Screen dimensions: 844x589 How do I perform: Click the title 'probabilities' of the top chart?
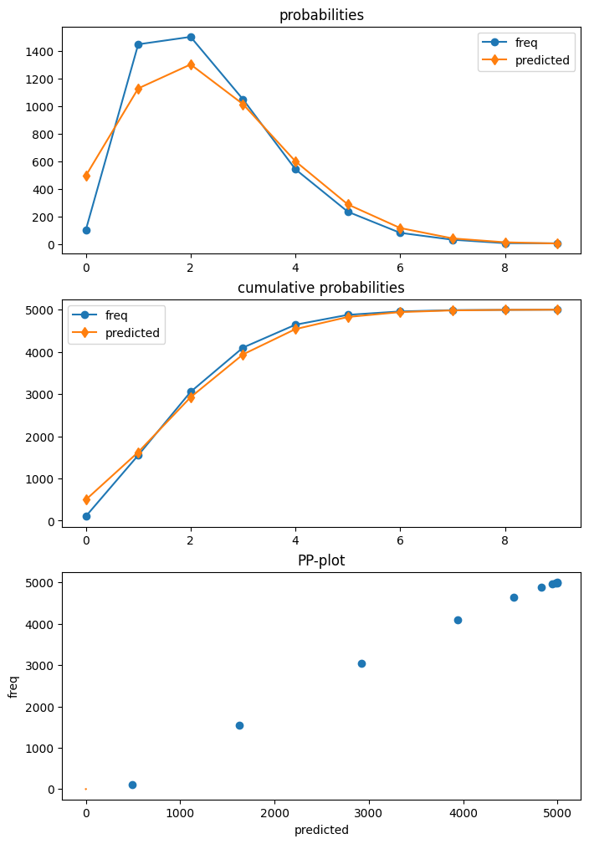[321, 15]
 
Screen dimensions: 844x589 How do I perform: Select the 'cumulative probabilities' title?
[321, 288]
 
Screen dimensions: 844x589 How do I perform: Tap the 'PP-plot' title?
[321, 560]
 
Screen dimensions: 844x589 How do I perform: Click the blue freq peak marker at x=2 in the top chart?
[191, 37]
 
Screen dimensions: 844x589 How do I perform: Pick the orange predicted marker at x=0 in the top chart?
[86, 176]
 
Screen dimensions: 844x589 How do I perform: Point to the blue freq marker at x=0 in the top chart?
[86, 230]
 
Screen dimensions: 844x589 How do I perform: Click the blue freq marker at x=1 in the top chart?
[138, 44]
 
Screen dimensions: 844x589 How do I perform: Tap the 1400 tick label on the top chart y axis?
[39, 52]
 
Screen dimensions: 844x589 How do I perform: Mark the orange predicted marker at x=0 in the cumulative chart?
[86, 499]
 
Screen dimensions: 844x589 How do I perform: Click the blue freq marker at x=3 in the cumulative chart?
[243, 348]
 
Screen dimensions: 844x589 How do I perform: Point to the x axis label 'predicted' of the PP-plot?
[321, 830]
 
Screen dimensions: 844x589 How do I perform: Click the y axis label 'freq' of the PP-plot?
[13, 686]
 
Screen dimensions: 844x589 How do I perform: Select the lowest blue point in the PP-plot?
[132, 785]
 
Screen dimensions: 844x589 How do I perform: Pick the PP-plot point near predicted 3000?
[361, 663]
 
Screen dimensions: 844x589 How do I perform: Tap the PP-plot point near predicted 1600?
[239, 725]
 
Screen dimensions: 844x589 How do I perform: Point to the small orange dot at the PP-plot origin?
[86, 789]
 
